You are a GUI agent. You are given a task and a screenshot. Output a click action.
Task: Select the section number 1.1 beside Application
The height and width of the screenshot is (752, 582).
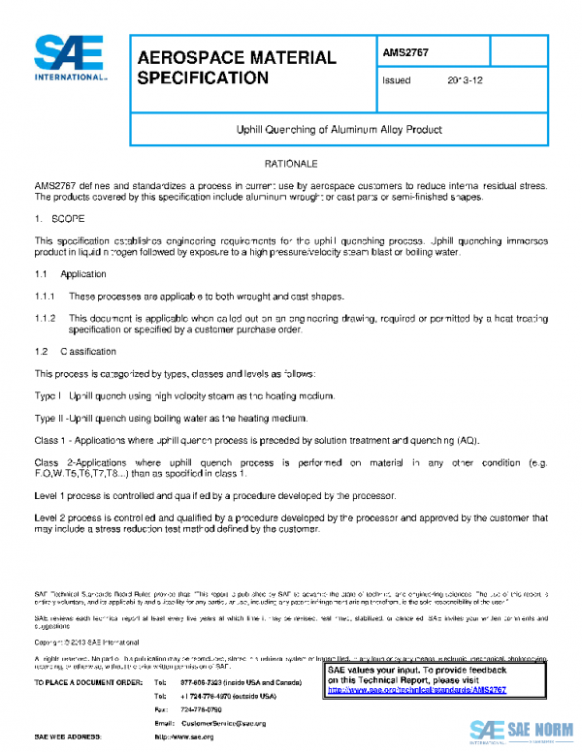[x=41, y=274]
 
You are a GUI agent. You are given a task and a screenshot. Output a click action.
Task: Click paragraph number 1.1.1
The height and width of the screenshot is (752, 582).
[x=46, y=296]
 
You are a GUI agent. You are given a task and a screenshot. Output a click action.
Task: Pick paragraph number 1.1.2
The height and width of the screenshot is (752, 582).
[x=46, y=318]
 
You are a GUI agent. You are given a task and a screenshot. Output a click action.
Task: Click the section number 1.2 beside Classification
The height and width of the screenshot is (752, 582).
[x=41, y=351]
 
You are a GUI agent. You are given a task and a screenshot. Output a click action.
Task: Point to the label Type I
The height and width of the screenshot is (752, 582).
[x=48, y=395]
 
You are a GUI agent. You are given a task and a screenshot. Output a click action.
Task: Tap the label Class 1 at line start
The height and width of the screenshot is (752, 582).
[x=50, y=440]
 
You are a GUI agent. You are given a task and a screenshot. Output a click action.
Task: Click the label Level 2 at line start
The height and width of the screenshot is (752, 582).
[x=51, y=517]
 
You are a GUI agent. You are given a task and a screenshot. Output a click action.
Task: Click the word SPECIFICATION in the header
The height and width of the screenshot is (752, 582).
[x=203, y=78]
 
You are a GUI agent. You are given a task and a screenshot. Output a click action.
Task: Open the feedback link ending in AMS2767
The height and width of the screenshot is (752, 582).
[x=432, y=690]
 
